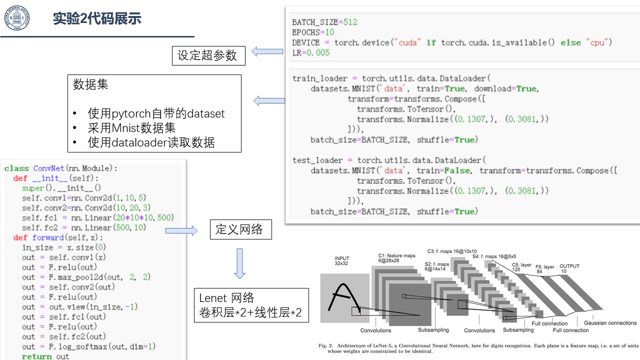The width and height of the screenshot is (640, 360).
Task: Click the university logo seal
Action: (x=17, y=17)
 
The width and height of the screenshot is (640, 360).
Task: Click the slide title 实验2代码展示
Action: (x=97, y=18)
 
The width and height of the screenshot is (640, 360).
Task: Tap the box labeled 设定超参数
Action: (x=208, y=55)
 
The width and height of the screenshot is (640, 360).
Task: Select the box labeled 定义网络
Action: (x=241, y=229)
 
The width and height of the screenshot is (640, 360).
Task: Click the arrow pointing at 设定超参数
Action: (x=267, y=51)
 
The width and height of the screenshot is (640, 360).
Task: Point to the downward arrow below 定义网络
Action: (x=239, y=263)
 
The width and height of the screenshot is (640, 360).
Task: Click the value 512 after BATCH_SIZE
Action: (x=350, y=22)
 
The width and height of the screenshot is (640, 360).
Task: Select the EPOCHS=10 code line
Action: (x=313, y=32)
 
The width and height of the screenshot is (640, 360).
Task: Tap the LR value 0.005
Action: (x=318, y=53)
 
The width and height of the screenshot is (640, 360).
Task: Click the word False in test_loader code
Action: (x=457, y=170)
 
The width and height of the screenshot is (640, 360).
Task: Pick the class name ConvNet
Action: (x=48, y=168)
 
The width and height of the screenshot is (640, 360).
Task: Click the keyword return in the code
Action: (x=37, y=356)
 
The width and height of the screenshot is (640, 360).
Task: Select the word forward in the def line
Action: (x=48, y=237)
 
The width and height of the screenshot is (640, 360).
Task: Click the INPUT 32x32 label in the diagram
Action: (x=341, y=261)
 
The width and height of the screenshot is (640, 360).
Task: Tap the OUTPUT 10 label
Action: (x=569, y=268)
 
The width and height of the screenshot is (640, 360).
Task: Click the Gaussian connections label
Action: (x=610, y=323)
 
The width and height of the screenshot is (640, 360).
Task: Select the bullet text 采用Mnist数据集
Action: (x=131, y=128)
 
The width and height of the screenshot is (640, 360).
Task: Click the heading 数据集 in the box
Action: (x=90, y=84)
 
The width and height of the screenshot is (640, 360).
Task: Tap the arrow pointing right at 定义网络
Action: (x=181, y=230)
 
